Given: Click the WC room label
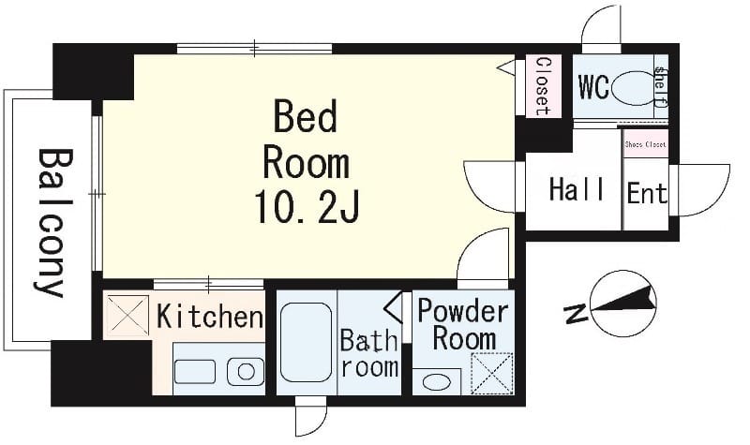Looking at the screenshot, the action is click(593, 86).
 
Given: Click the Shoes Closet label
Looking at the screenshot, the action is click(645, 144).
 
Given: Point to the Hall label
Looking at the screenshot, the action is click(577, 189).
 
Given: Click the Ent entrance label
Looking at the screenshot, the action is click(647, 193).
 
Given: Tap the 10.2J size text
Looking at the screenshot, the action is click(307, 207).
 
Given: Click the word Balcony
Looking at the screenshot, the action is click(54, 222).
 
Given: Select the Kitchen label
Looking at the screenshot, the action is click(210, 316).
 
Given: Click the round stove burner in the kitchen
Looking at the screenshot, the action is click(246, 371).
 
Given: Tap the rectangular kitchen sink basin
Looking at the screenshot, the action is click(195, 372).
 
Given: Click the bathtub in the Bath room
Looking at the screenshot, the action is click(307, 342).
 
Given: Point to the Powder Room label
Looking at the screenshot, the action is click(463, 325).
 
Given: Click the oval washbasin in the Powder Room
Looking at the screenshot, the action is click(437, 382).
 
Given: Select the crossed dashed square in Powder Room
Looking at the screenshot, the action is click(492, 374).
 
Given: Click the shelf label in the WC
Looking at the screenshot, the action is click(661, 86).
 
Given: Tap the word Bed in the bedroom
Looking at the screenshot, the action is click(306, 116).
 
